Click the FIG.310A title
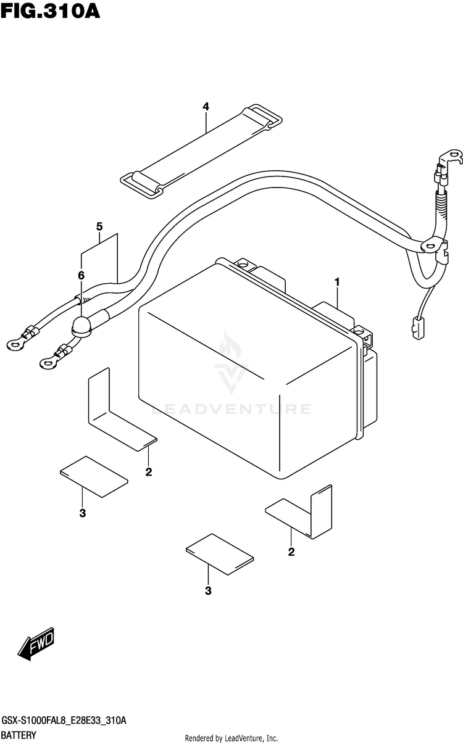coord(51,12)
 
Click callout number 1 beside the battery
coord(338,282)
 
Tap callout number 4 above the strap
coord(206,107)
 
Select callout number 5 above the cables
coord(99,226)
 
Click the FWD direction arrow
coord(36,645)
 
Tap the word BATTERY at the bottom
coord(19,735)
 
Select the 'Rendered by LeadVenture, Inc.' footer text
coord(231,738)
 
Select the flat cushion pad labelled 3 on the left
coord(94,476)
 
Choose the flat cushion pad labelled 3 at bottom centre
coord(220,553)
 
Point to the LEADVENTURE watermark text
coord(231,408)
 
